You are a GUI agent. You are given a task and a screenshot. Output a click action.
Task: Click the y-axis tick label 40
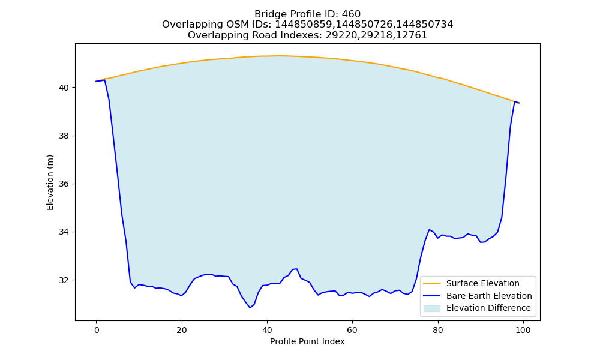click(x=64, y=88)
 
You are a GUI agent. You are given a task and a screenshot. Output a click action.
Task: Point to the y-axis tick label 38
click(x=64, y=136)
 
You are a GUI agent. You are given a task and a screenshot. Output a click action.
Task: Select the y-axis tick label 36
click(x=64, y=184)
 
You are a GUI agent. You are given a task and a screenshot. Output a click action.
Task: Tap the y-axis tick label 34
click(x=64, y=232)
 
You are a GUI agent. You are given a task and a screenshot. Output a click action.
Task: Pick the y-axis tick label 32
click(x=64, y=280)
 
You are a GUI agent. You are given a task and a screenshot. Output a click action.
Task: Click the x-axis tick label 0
click(x=97, y=330)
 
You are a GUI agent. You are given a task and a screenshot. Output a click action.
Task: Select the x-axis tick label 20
click(x=182, y=330)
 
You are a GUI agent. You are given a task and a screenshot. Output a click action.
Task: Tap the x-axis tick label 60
click(x=352, y=330)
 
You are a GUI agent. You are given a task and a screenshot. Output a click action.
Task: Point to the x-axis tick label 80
click(x=438, y=330)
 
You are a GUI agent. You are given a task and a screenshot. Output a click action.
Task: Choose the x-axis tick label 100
click(x=523, y=330)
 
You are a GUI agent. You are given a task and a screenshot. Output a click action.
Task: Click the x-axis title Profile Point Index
click(x=307, y=341)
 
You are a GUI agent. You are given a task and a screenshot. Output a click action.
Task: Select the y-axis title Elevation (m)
click(x=50, y=182)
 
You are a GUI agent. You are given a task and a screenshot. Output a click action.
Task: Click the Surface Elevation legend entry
click(x=471, y=283)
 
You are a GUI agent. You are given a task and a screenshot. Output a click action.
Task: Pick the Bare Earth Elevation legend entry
click(x=478, y=296)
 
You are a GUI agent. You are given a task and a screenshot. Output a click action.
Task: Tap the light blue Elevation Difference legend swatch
click(x=431, y=308)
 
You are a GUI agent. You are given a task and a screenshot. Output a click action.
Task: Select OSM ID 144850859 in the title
click(x=305, y=25)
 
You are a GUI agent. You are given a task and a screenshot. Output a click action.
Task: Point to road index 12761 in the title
click(x=415, y=35)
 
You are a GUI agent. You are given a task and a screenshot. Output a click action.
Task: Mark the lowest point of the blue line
click(x=250, y=308)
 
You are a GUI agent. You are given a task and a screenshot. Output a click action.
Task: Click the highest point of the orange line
click(x=278, y=56)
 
